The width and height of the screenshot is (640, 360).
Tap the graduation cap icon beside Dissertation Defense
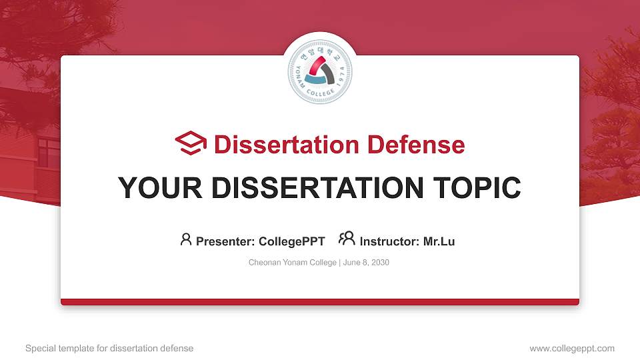pyautogui.click(x=191, y=144)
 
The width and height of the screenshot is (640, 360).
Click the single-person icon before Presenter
pyautogui.click(x=186, y=239)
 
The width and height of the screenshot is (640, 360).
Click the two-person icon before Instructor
pyautogui.click(x=347, y=239)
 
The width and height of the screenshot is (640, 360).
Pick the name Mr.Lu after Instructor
pyautogui.click(x=439, y=241)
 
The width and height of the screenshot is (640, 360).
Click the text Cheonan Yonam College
pyautogui.click(x=293, y=263)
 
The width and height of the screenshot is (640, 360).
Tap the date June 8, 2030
pyautogui.click(x=366, y=263)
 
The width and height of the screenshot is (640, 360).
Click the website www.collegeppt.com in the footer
pyautogui.click(x=572, y=348)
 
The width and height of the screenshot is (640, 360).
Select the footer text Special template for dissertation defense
pyautogui.click(x=109, y=348)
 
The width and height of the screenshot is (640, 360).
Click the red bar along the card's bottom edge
pyautogui.click(x=320, y=302)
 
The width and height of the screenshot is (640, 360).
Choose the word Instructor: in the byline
pyautogui.click(x=390, y=241)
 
